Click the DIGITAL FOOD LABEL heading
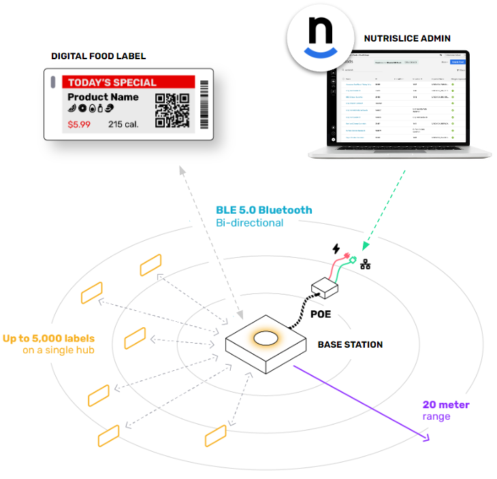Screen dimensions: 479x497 [x=98, y=56]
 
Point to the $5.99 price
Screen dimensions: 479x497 [x=80, y=125]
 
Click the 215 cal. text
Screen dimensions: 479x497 [x=124, y=125]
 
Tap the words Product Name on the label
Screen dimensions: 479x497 [x=103, y=97]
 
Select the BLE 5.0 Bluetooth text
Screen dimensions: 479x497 [x=264, y=210]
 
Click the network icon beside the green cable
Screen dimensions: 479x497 [x=365, y=264]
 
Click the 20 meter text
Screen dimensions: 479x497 [x=446, y=405]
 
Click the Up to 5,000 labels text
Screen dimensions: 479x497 [x=48, y=338]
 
